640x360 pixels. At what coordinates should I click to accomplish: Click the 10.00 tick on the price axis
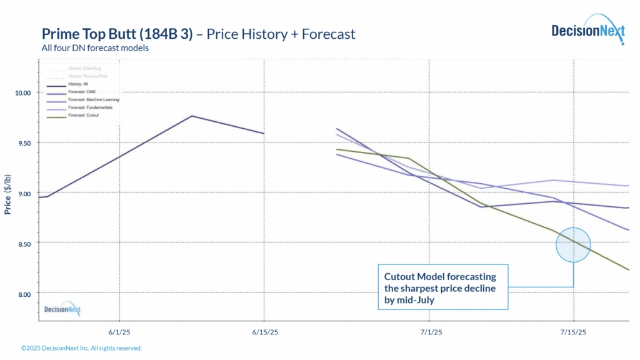[x=23, y=92]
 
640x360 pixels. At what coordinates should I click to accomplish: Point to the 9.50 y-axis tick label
[x=23, y=142]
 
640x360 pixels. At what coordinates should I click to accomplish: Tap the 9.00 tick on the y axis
[x=23, y=193]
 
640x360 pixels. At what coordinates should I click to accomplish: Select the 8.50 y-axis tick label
[x=23, y=243]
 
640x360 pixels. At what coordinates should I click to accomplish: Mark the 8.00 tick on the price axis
[x=23, y=294]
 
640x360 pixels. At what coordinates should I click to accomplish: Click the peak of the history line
[x=192, y=116]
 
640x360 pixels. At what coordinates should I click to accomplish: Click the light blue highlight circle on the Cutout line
[x=573, y=244]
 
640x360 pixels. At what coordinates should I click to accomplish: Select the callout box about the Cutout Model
[x=443, y=286]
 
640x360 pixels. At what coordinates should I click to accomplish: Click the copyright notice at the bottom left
[x=81, y=348]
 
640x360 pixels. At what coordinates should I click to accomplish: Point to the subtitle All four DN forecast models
[x=95, y=47]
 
